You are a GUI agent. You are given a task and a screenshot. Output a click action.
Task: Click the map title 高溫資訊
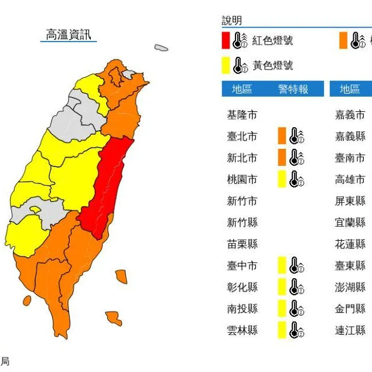click(x=69, y=34)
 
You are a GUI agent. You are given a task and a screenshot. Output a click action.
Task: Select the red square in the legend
click(x=226, y=40)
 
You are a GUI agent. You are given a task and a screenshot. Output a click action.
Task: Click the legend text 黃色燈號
click(x=272, y=65)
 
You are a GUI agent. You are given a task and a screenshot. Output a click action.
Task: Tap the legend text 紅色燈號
click(x=272, y=40)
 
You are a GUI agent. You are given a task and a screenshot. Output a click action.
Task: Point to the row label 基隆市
click(x=242, y=115)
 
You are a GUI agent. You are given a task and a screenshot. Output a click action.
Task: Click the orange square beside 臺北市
click(x=282, y=136)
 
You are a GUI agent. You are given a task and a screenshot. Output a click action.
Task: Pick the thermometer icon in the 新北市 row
click(x=297, y=158)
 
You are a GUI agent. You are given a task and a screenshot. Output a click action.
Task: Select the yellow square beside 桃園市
click(x=282, y=179)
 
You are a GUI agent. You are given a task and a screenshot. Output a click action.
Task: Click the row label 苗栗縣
click(x=242, y=244)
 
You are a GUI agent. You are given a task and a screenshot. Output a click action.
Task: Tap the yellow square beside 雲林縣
click(x=282, y=330)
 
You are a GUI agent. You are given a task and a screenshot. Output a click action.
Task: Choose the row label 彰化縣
click(x=242, y=287)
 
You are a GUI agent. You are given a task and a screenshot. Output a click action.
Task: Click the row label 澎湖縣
click(x=350, y=287)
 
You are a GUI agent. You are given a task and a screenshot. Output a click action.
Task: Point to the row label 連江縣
click(x=350, y=330)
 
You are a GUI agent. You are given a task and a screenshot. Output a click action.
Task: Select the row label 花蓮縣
click(x=350, y=244)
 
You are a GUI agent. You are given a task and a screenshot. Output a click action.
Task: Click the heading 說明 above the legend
click(x=231, y=21)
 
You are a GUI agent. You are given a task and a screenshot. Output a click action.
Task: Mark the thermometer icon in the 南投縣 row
click(x=297, y=309)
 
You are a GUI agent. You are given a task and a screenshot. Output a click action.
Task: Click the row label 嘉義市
click(x=350, y=115)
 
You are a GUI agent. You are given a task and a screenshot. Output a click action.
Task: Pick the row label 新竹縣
click(x=242, y=222)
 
